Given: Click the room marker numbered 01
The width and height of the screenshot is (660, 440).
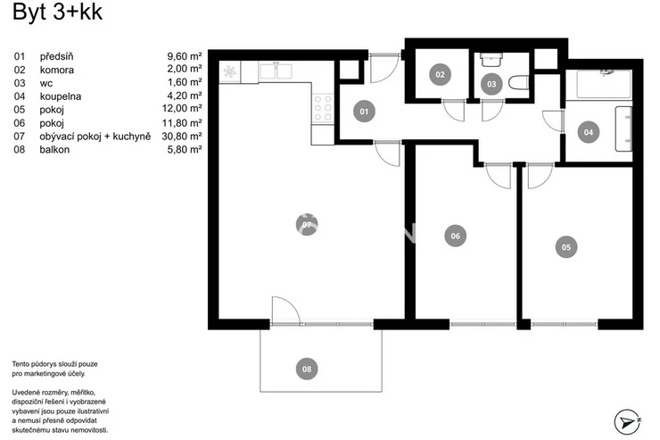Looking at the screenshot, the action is coord(364,112).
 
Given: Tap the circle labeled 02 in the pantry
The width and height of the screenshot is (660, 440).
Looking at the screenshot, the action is coord(440,75).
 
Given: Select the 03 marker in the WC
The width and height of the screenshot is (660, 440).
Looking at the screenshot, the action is coord(491,84).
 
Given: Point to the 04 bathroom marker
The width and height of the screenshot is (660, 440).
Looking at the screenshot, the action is coord(589,132).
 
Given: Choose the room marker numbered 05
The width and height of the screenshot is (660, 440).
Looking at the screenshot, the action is coord(566,247).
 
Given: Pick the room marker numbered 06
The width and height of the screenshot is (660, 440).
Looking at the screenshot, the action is coord(456,236).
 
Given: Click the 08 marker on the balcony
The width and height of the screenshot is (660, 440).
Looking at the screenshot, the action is coord(307,369).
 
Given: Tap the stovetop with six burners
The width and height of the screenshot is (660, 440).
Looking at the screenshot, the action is coord(323,108).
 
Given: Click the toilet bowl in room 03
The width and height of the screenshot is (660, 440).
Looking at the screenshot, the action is coord(518,82).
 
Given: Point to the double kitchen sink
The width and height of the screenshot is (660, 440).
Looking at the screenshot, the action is coord(276,71).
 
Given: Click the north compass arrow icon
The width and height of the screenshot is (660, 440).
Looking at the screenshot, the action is coord(627,421).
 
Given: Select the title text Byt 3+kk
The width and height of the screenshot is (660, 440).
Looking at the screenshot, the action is coord(57,12).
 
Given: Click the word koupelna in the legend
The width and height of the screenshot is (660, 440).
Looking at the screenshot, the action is coord(61,96).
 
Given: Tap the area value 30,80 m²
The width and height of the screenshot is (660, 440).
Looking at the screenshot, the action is coord(182,136).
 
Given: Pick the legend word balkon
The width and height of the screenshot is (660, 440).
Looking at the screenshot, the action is coord(54,149).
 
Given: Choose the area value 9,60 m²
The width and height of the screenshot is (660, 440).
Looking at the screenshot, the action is coord(185,56).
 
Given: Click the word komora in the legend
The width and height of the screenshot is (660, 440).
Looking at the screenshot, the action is coord(57,70).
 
